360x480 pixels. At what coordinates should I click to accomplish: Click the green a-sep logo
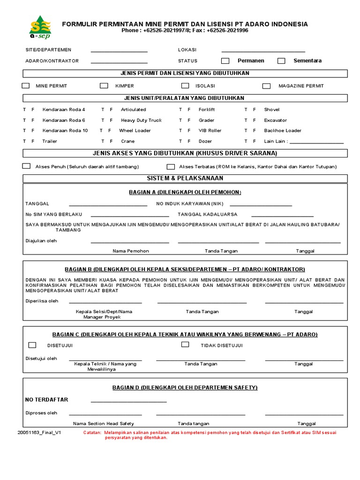(x=39, y=27)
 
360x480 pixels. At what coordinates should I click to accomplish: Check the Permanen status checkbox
(x=225, y=60)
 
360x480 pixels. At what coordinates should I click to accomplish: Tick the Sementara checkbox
(x=281, y=60)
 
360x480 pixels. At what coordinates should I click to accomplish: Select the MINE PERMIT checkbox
(x=26, y=86)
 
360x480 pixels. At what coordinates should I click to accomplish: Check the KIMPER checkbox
(x=104, y=86)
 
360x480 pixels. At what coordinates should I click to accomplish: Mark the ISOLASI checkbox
(x=185, y=86)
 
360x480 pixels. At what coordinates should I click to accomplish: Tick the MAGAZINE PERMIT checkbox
(x=266, y=86)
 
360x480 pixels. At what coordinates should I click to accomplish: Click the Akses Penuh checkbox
(x=26, y=166)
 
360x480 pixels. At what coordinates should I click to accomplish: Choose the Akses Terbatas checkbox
(x=171, y=166)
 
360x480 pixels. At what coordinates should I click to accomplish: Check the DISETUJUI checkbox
(x=32, y=345)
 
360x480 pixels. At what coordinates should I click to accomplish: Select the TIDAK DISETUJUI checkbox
(x=185, y=345)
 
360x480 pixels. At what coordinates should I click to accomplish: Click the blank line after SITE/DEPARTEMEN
(x=119, y=51)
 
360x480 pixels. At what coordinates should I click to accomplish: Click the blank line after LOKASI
(x=263, y=51)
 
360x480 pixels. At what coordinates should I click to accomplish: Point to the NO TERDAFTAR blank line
(x=128, y=401)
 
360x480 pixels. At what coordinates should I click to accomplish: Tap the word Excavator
(x=275, y=120)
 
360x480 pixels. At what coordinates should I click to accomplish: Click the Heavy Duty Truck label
(x=141, y=120)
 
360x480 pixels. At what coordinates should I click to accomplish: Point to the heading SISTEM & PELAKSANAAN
(x=185, y=179)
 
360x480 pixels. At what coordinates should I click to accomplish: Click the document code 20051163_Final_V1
(x=39, y=433)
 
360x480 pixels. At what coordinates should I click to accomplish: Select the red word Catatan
(x=92, y=433)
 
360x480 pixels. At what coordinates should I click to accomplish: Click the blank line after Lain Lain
(x=317, y=142)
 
